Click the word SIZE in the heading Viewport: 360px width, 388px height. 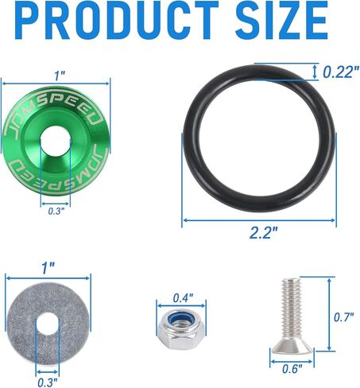point(282,21)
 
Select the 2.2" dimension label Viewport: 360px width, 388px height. point(263,233)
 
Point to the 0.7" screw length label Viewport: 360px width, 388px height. point(343,317)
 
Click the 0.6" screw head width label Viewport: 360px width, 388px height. point(292,369)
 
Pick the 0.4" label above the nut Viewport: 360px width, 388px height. point(183,298)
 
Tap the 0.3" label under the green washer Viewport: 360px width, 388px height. point(56,211)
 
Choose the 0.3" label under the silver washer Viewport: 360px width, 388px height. point(48,382)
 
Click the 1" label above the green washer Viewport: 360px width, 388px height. point(59,76)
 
